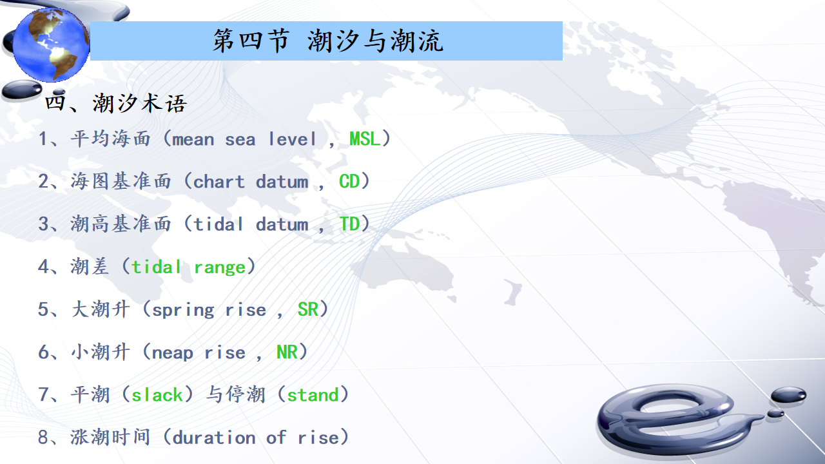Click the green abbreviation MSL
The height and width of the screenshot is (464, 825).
coord(364,139)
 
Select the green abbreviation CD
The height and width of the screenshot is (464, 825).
coord(349,182)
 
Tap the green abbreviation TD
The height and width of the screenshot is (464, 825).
coord(349,224)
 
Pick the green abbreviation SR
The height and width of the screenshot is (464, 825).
coord(307,309)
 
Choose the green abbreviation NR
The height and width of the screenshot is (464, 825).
coord(287,352)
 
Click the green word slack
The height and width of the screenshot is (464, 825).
coord(157,395)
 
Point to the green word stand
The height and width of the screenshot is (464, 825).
coord(313,395)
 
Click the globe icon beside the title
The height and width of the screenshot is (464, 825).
coord(51,44)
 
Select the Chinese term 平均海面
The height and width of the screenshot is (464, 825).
coord(110,139)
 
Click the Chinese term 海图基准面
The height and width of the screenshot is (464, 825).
coord(121,182)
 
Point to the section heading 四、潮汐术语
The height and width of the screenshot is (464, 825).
coord(115,102)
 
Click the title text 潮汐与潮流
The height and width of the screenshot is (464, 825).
coord(375,41)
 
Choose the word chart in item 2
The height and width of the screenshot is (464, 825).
coord(218,182)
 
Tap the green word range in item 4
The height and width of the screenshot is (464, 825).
coord(220,267)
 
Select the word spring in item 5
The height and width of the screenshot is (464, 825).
coord(182,310)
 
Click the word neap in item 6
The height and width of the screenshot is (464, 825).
coord(172,353)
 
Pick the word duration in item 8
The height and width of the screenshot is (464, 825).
coord(213,438)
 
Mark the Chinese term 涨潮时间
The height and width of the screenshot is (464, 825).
coord(110,438)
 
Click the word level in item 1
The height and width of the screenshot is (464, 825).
coord(292,139)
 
